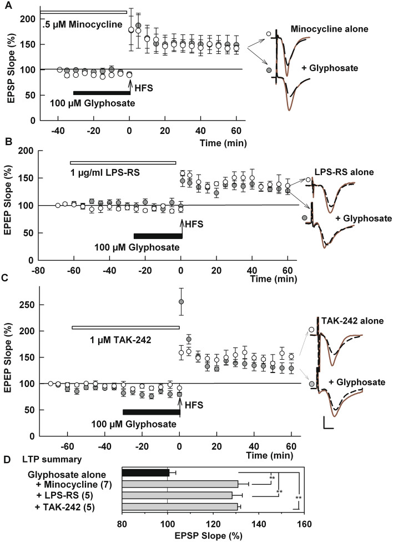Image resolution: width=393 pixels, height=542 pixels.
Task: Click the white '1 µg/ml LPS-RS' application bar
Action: [x=123, y=162]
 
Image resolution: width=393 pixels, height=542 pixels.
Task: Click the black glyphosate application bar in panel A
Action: [x=102, y=92]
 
